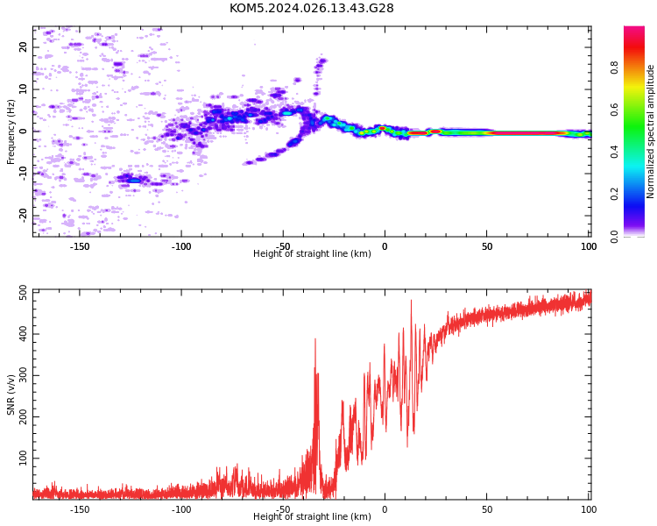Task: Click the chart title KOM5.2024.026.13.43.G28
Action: coord(311,8)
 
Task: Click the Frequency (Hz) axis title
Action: coord(11,131)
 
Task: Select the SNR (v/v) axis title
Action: coord(11,394)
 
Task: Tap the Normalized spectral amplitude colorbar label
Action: coord(650,131)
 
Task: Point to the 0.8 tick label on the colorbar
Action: coord(615,68)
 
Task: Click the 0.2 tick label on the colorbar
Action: coord(615,194)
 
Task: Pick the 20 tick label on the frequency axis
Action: coord(23,47)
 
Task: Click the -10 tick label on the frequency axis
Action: coord(23,174)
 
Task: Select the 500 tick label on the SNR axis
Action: coord(23,292)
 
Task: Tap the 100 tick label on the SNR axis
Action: coord(23,458)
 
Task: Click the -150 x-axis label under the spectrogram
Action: coord(79,246)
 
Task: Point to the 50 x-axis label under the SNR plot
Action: coord(487,509)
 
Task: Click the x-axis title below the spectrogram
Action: coord(312,253)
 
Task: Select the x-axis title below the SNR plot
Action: coord(312,516)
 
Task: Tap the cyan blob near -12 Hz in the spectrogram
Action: coord(135,181)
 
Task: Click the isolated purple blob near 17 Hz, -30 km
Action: coord(321,61)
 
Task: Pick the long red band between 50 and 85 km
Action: coord(526,133)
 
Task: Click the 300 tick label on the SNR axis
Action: coord(23,375)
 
